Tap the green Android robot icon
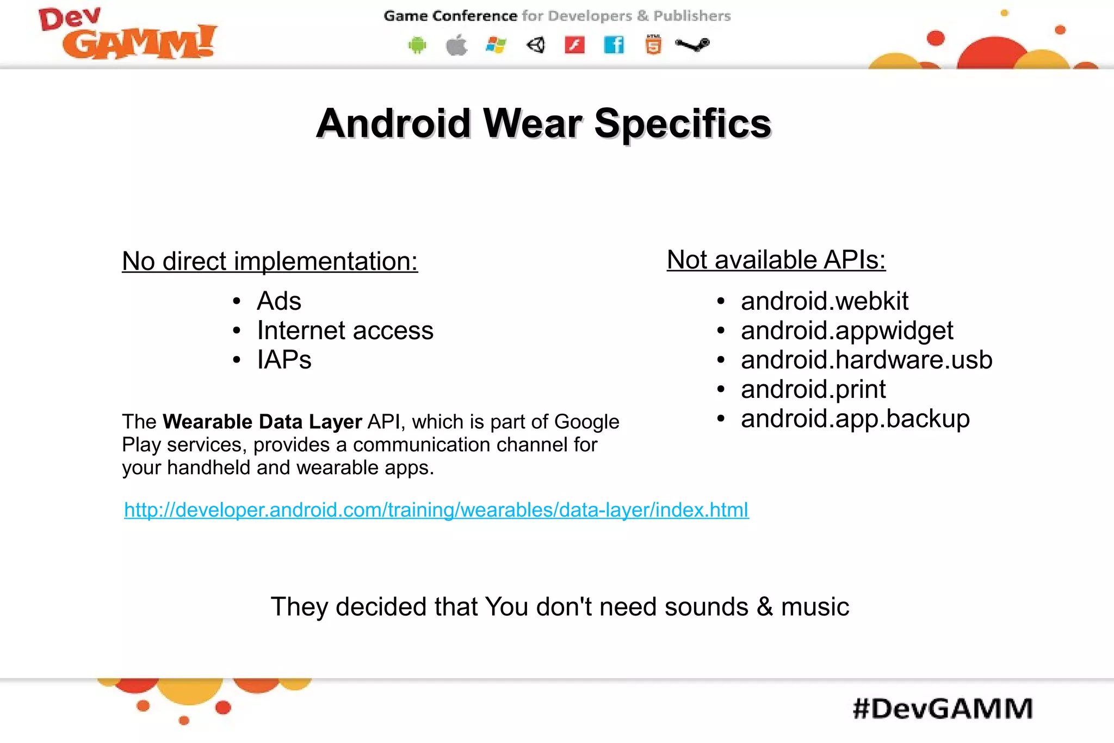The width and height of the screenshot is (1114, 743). (x=417, y=45)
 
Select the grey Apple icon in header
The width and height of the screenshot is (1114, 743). (x=457, y=45)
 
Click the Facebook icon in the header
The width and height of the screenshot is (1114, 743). (x=614, y=45)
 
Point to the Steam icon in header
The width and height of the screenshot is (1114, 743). (x=692, y=45)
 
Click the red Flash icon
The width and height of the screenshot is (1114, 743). (x=574, y=45)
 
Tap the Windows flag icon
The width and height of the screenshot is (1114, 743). (x=496, y=45)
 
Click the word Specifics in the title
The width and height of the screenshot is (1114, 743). (x=683, y=124)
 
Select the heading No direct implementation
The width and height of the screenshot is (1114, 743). (x=270, y=261)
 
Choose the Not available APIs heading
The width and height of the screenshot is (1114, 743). (x=776, y=260)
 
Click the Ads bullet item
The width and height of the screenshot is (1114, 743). (x=279, y=301)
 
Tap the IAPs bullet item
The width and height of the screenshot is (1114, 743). (x=284, y=360)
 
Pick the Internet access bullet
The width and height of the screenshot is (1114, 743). (x=345, y=330)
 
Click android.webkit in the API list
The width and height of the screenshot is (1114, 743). (x=824, y=301)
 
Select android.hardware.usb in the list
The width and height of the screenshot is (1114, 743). (x=866, y=360)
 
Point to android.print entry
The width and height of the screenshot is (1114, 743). (x=813, y=389)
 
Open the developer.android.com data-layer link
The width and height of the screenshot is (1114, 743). (x=436, y=510)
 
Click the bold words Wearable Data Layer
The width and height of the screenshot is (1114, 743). (x=262, y=422)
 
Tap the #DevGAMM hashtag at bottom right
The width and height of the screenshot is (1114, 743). (x=943, y=709)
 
